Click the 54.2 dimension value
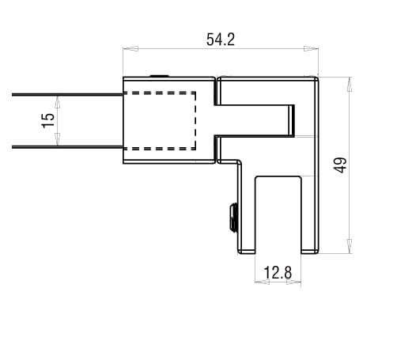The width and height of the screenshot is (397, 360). [221, 40]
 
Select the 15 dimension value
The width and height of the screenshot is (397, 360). [48, 120]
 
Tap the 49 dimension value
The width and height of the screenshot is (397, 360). [341, 165]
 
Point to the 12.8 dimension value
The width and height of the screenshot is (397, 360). [278, 273]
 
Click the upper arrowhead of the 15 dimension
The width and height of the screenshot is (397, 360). [58, 99]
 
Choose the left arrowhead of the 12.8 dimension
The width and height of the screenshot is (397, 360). [258, 282]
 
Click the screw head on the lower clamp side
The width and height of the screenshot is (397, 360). [233, 217]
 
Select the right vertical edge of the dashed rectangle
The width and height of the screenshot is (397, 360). [195, 120]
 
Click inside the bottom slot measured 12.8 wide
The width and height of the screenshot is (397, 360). [278, 214]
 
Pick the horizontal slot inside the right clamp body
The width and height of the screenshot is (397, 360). [257, 119]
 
